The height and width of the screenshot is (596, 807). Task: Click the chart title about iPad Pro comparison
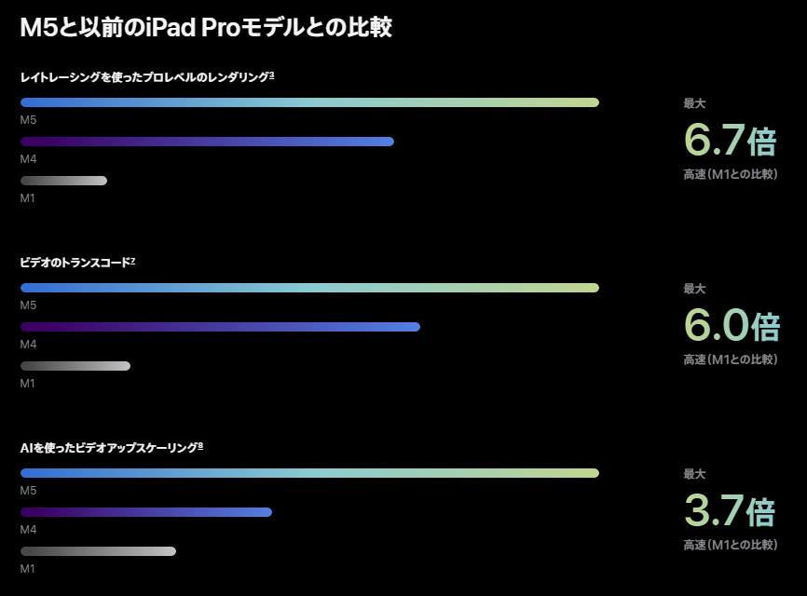click(x=205, y=28)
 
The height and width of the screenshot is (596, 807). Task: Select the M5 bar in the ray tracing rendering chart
click(x=309, y=102)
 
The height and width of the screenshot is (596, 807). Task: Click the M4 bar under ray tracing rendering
click(x=207, y=142)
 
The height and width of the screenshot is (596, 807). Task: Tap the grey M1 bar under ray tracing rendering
click(x=63, y=181)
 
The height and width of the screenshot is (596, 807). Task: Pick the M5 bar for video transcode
click(x=309, y=288)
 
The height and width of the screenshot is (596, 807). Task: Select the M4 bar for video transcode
click(x=220, y=327)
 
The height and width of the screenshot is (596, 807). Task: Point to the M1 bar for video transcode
click(x=75, y=366)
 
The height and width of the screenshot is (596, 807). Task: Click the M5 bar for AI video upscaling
click(x=309, y=473)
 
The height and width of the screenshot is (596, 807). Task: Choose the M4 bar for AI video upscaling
click(x=146, y=512)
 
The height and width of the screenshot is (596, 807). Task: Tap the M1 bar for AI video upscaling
click(x=98, y=551)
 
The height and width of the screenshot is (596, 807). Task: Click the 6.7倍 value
click(x=730, y=141)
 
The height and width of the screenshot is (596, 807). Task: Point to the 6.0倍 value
click(x=731, y=326)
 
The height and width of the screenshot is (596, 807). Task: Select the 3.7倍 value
click(x=730, y=511)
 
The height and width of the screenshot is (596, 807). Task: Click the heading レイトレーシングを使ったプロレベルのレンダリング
click(x=146, y=77)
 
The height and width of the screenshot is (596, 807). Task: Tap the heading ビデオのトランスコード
click(x=77, y=263)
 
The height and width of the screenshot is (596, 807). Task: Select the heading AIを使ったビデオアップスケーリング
click(x=111, y=448)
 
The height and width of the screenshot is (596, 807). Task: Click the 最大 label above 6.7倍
click(x=694, y=104)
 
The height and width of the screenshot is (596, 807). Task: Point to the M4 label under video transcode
click(x=28, y=345)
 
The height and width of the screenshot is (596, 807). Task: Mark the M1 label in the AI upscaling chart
click(x=28, y=568)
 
